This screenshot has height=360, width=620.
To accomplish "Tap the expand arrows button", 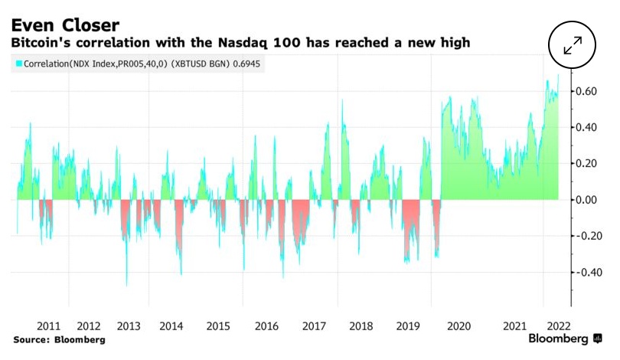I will [573, 45].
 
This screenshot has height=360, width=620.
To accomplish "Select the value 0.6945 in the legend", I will [244, 65].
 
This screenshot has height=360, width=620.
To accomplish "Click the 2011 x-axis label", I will [49, 325].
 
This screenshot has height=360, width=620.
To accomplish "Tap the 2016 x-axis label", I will [266, 325].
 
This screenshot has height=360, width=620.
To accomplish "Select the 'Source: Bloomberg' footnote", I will [59, 339].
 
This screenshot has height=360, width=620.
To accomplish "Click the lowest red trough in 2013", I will [127, 284].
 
